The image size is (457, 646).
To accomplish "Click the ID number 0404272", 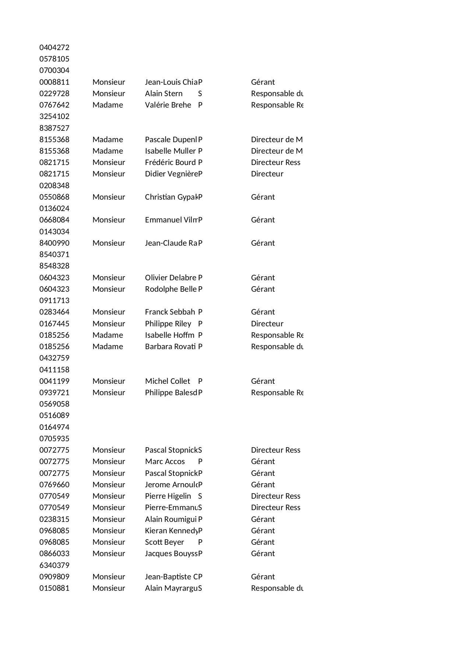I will point(54,48).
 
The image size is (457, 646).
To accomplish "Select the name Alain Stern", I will point(164,94).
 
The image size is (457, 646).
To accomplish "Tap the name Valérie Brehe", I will point(168,105).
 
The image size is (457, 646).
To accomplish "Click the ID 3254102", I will point(54,116).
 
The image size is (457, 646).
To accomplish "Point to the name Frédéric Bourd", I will point(170,162).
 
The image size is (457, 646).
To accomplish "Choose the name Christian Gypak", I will point(171,197).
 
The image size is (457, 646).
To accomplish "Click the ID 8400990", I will point(54,243).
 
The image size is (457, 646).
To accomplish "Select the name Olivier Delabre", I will point(171,278).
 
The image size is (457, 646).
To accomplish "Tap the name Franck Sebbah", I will point(170,312).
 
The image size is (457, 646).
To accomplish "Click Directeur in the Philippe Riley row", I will point(267,324).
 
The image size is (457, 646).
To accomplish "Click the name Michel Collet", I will point(168,381).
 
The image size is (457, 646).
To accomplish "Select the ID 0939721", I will point(54,393).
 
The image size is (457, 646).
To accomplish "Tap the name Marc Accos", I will point(165,461).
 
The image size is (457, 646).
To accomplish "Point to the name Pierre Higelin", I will point(168,496).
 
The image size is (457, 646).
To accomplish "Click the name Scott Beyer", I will point(164,542).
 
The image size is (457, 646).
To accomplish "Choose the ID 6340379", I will point(54,565).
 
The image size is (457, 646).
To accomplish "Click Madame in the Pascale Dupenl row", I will point(108,140).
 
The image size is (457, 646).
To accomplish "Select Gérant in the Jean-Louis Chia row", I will point(263,82).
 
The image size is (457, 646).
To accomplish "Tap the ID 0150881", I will point(54,588).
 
